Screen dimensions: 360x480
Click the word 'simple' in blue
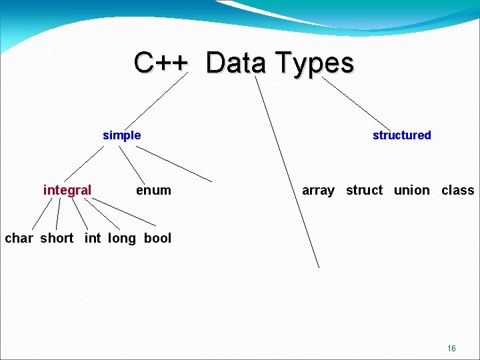pos(121,135)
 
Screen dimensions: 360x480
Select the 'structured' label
pos(401,135)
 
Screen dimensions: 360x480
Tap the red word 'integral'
pos(67,190)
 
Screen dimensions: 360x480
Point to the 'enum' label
pos(153,190)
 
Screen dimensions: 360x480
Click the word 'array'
pos(318,190)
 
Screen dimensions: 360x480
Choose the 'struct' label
pos(364,190)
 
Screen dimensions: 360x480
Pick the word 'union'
pos(411,190)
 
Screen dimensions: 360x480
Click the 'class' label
pos(457,190)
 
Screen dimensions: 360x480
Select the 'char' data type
pos(19,238)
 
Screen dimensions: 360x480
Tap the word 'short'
pos(57,238)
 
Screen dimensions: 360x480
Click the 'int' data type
pos(93,238)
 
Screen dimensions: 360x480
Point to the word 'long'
pos(121,238)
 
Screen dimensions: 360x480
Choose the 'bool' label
pos(157,238)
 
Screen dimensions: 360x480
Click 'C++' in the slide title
pos(162,63)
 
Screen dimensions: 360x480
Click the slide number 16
pos(451,349)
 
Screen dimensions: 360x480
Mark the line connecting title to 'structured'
pos(357,103)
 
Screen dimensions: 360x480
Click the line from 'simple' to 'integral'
pos(84,164)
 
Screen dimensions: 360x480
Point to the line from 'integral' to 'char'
pos(43,213)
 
